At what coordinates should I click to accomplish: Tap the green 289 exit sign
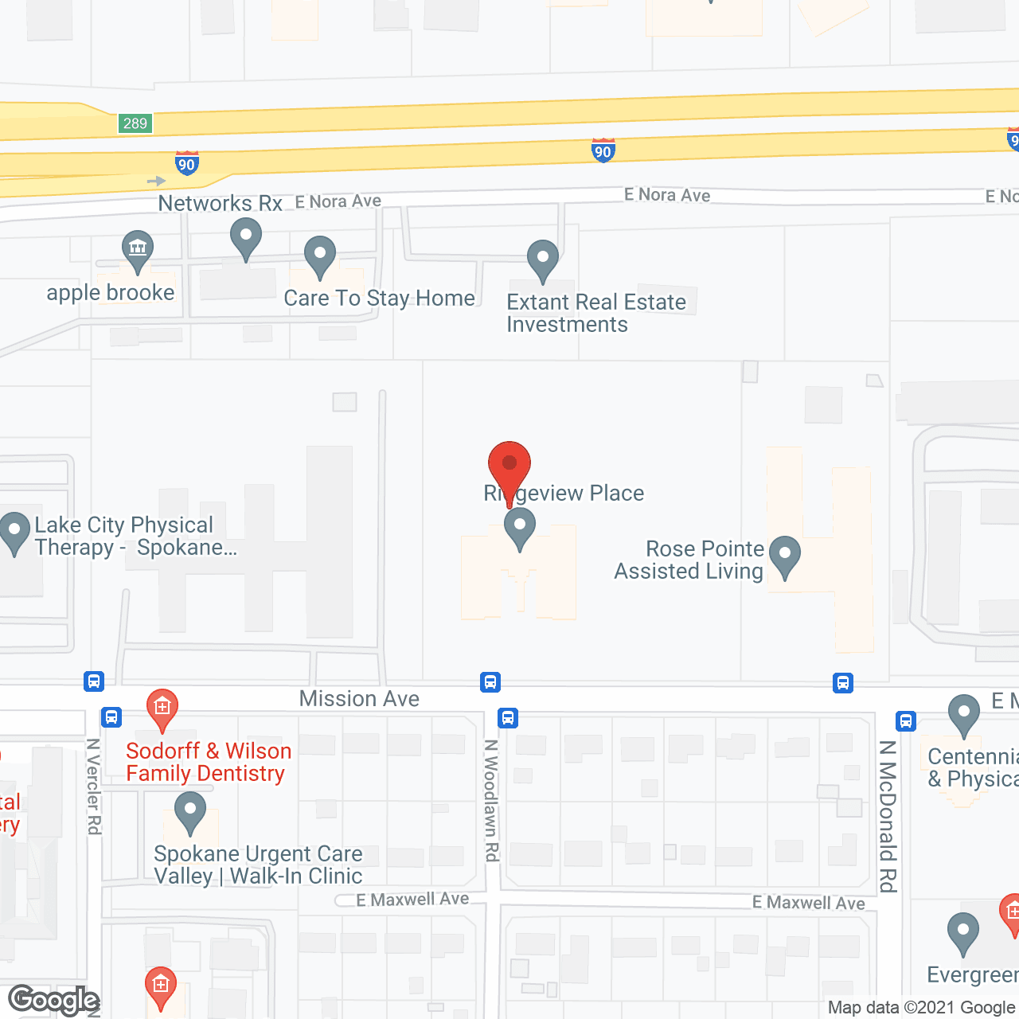(x=135, y=123)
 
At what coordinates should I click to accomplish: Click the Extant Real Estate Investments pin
(x=543, y=260)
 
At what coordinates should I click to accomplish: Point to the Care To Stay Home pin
(x=320, y=256)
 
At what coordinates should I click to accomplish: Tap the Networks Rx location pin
(x=246, y=238)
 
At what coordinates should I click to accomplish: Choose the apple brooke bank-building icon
(x=138, y=248)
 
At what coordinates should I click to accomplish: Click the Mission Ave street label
(x=359, y=698)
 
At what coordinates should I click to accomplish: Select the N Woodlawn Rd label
(x=491, y=800)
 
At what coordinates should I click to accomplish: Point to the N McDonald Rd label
(x=888, y=816)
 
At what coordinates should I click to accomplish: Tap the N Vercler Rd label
(x=93, y=787)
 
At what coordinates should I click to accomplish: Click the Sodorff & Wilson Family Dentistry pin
(x=162, y=708)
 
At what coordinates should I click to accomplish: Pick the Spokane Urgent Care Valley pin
(x=189, y=812)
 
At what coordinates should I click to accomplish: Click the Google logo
(x=53, y=1000)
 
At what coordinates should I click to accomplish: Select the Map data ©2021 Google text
(x=922, y=1008)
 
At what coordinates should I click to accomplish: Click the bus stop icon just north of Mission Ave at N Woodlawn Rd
(x=490, y=682)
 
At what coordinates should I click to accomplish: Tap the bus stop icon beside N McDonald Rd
(x=905, y=721)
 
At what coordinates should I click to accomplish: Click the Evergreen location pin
(x=963, y=932)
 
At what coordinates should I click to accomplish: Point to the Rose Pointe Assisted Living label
(x=689, y=560)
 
